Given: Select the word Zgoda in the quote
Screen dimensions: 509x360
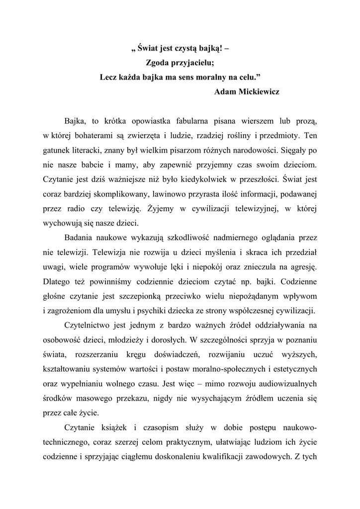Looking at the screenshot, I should point(158,63).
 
